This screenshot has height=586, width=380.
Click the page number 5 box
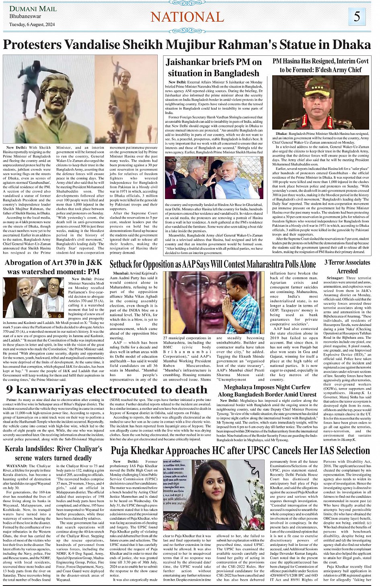click(357, 17)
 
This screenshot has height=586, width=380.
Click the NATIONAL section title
click(187, 17)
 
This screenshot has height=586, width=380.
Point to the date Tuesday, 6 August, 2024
click(32, 24)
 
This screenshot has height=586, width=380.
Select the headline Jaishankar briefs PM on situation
click(214, 67)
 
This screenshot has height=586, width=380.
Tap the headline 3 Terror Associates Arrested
click(347, 267)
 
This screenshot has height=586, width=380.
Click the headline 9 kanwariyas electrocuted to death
click(107, 390)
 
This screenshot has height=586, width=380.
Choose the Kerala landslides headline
click(53, 453)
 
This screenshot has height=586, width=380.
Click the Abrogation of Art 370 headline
click(53, 267)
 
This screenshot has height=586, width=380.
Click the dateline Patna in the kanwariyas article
click(11, 400)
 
